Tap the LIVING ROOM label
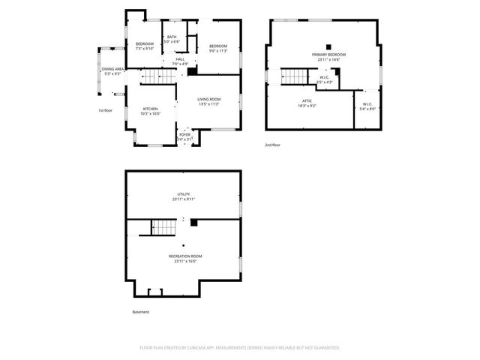click(208, 101)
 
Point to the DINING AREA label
click(112, 70)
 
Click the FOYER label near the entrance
click(184, 136)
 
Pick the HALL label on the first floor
click(180, 61)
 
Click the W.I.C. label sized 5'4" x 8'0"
click(367, 106)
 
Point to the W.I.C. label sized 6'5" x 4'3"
click(325, 79)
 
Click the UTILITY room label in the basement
click(184, 196)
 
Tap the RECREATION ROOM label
click(184, 258)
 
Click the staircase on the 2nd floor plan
click(295, 76)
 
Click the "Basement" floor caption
click(140, 312)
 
